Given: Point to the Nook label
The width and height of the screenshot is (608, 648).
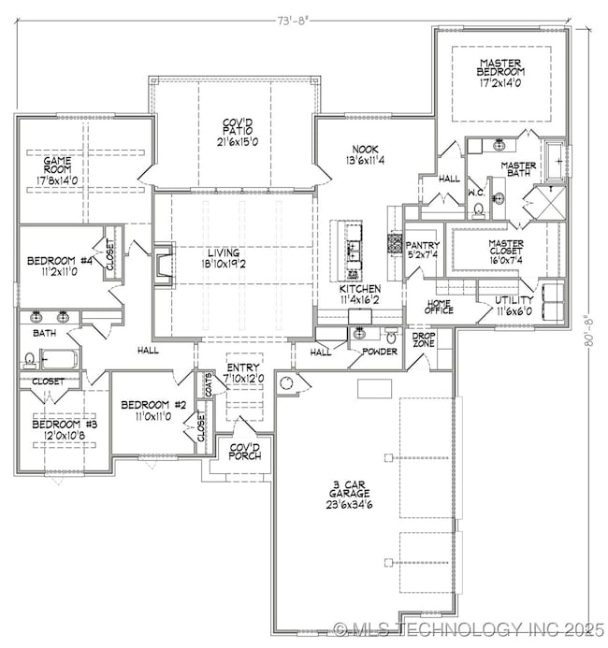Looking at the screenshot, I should [365, 149].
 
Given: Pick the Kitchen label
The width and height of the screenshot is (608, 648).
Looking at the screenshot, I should [360, 290].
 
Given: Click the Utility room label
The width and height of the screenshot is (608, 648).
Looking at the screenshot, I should [514, 300].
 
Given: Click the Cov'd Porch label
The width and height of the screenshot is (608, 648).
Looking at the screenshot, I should [244, 452].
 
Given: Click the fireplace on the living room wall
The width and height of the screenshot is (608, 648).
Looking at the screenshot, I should [163, 264].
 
